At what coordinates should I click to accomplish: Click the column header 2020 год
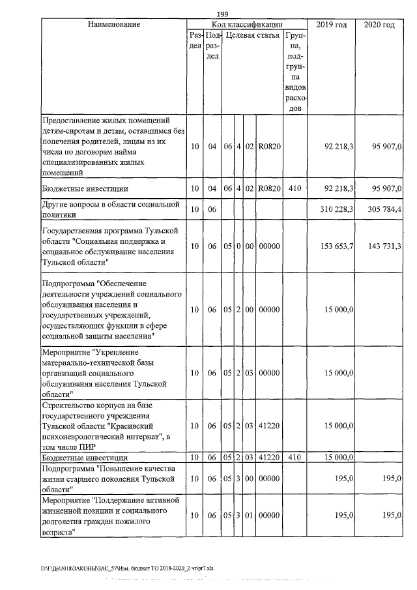click(380, 24)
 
